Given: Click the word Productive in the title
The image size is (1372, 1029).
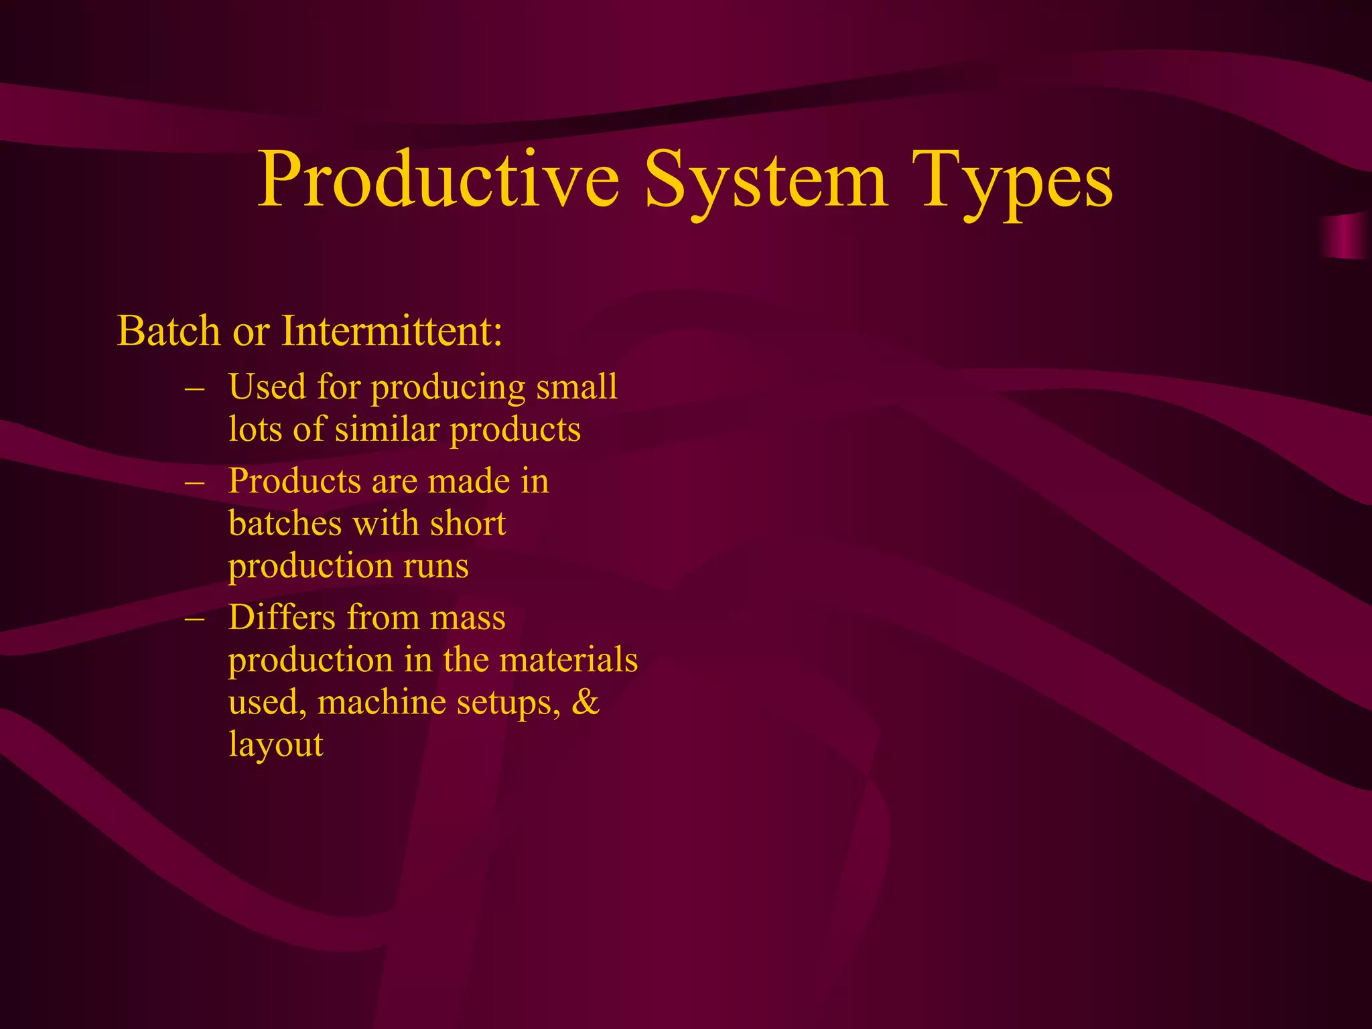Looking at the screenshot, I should click(439, 180).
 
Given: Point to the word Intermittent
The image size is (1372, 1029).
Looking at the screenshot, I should click(391, 331).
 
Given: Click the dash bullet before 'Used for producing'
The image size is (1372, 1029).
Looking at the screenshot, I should click(194, 388).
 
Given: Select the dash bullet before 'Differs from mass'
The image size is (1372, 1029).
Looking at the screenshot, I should click(194, 618).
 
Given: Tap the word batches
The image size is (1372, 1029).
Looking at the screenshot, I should click(285, 524).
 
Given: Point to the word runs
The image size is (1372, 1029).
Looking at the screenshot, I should click(436, 567).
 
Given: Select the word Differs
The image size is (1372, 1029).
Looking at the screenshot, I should click(281, 618).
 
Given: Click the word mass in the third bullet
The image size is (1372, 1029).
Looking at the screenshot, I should click(468, 618).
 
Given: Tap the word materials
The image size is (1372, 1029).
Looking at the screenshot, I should click(569, 660).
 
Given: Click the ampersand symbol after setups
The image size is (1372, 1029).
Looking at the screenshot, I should click(586, 702).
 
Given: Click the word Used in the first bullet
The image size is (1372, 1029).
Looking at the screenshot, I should click(267, 387).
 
